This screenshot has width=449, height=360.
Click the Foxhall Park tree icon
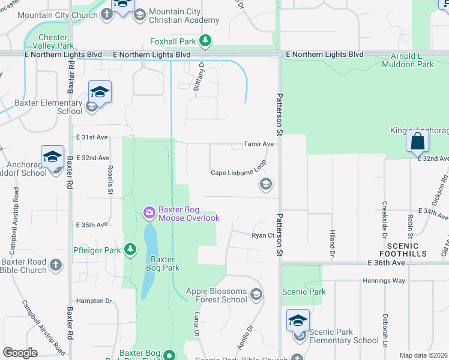206,41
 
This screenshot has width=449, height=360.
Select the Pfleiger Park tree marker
130,249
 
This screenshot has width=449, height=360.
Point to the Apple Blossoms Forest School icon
256,294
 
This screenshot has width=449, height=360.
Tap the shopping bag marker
417,142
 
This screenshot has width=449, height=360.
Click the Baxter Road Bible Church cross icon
56,264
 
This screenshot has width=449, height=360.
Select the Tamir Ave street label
258,144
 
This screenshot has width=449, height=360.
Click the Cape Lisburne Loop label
238,173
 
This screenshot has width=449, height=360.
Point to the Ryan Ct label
263,235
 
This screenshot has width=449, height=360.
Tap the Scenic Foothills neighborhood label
406,250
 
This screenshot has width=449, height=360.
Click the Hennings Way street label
384,281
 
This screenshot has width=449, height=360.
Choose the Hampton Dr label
91,301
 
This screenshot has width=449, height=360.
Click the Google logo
20,353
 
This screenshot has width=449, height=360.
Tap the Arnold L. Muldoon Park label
408,60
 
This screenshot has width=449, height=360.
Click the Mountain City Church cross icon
107,14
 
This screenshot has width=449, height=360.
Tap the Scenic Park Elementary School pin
298,321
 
